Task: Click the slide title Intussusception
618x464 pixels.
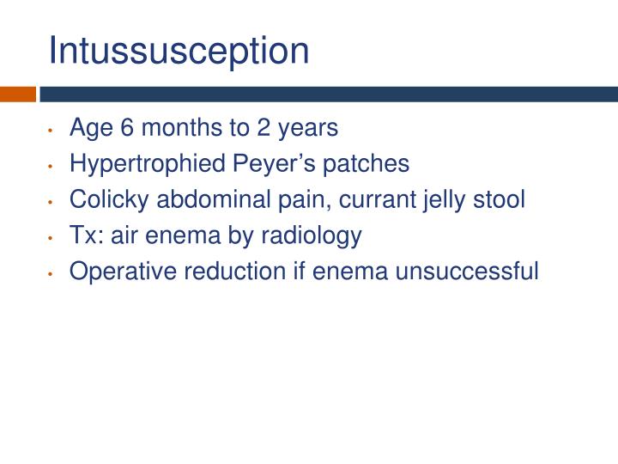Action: pos(179,51)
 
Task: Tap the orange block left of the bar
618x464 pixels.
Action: pos(17,94)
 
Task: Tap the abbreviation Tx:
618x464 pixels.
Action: pos(85,235)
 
